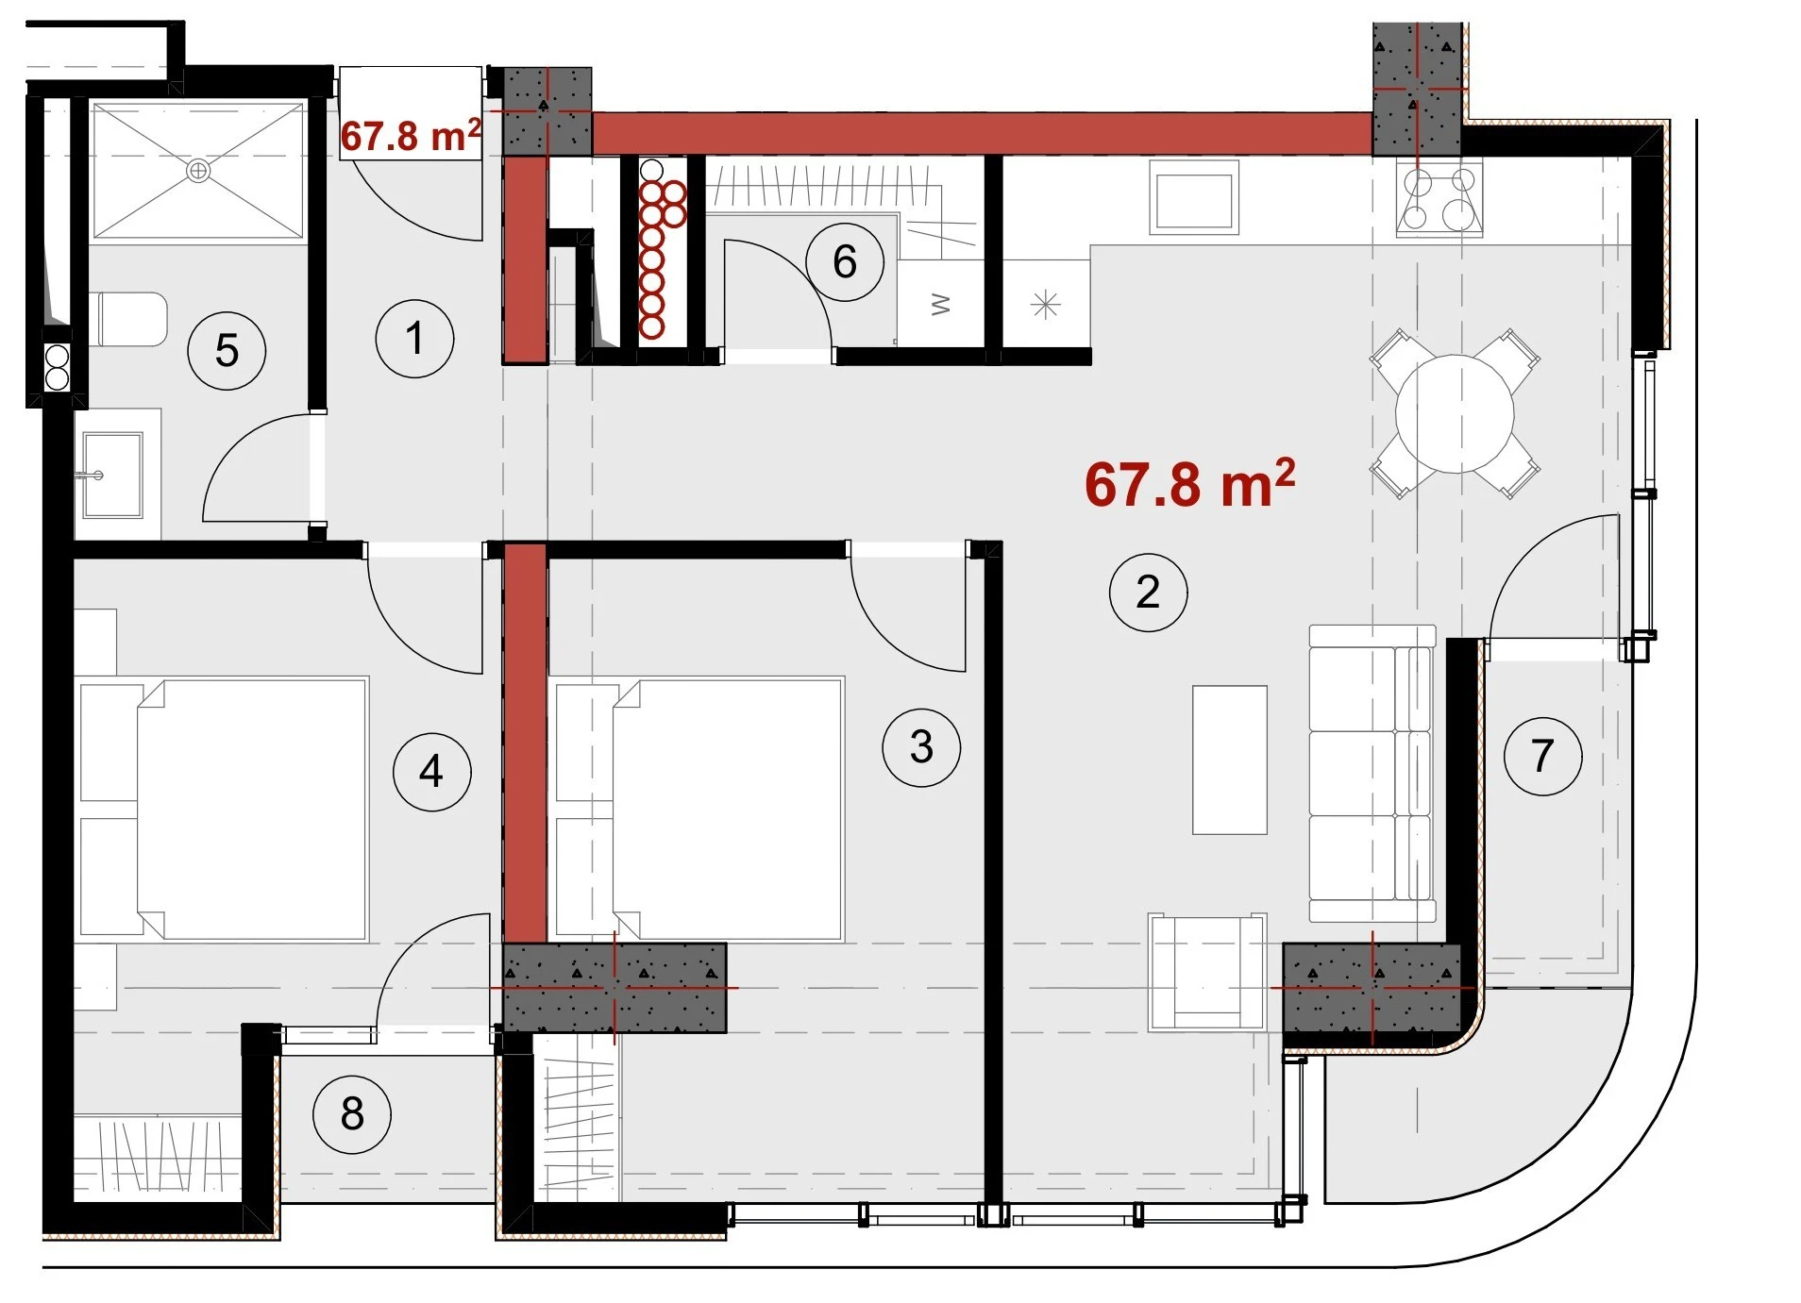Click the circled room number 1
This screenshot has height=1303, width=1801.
point(414,339)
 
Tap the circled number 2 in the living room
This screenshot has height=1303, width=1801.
point(1148,592)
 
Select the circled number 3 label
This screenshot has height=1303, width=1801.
point(921,747)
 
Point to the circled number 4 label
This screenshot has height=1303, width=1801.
point(432,772)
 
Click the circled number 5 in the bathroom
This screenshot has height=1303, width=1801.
point(227,351)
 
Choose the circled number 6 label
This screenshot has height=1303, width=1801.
point(845,262)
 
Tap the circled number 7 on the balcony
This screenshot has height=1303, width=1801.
point(1542,756)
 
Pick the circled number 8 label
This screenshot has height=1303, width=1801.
point(352,1114)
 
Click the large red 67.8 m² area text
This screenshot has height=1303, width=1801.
point(1189,483)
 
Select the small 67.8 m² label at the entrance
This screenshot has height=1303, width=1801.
point(411,136)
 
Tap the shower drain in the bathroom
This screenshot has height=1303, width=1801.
point(198,171)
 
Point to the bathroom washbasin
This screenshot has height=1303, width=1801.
point(112,475)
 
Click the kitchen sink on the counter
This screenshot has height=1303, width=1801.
point(1193,197)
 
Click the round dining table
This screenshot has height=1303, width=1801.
point(1455,413)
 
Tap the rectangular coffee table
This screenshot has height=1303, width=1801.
point(1229,760)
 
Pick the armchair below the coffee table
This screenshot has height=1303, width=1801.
point(1206,972)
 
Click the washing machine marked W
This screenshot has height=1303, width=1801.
point(940,304)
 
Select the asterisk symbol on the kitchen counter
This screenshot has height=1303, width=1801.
point(1045,305)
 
